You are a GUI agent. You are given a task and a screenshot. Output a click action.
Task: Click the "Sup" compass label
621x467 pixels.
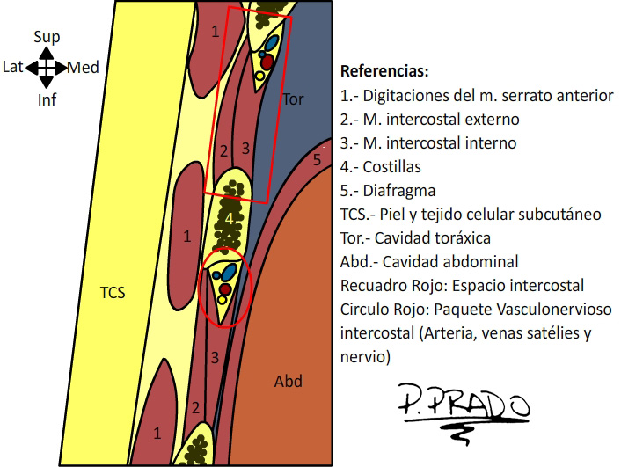(47, 37)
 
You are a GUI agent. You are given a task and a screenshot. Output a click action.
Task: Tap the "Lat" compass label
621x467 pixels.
(13, 67)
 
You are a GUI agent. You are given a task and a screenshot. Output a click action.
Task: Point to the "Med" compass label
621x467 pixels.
(83, 68)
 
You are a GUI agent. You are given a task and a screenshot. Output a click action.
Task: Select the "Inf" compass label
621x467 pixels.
(47, 99)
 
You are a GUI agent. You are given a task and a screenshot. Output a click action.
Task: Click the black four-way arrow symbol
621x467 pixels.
(47, 68)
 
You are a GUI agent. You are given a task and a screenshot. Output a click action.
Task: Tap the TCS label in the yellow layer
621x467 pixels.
(113, 293)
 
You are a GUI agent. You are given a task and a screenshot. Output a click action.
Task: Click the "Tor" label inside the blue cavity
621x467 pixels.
(293, 99)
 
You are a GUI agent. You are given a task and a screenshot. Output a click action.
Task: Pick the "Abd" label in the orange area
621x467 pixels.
(289, 381)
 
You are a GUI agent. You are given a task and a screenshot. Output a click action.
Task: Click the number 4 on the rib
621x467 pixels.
(229, 219)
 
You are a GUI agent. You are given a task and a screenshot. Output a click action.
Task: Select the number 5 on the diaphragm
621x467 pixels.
(317, 160)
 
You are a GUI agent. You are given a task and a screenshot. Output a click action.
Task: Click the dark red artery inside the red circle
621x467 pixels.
(225, 288)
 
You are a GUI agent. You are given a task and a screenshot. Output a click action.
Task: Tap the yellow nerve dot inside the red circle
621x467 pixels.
(222, 300)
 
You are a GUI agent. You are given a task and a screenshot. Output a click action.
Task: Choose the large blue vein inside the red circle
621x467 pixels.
(230, 272)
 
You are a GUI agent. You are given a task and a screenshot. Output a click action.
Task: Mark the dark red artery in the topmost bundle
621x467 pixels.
(267, 62)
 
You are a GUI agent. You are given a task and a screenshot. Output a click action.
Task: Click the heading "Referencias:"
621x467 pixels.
(384, 71)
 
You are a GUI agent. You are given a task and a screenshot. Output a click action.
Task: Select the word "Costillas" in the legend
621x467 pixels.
(391, 167)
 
